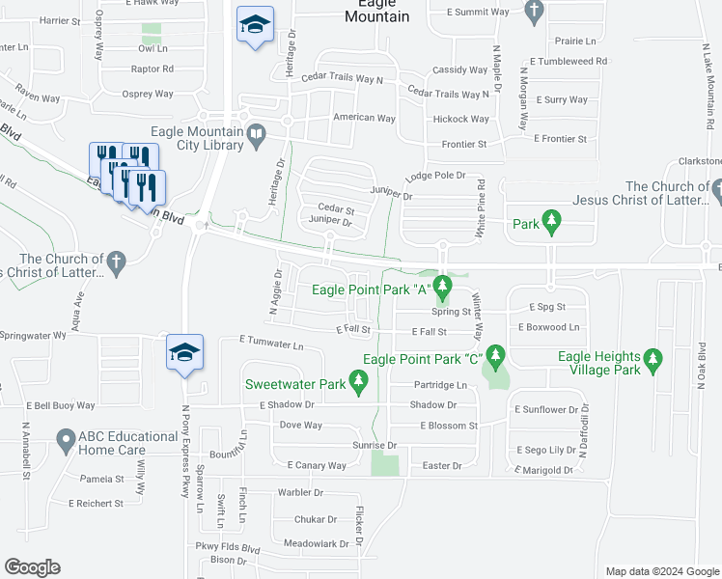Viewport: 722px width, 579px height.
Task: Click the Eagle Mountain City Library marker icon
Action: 256,140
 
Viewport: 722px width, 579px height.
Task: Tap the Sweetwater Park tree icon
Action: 359,385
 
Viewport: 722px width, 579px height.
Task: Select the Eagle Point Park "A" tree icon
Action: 442,288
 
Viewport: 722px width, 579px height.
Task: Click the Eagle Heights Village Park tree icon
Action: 653,363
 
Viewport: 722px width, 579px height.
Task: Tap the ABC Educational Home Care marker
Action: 64,442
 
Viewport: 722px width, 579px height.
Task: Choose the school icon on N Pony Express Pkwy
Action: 184,353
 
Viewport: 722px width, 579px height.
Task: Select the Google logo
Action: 32,567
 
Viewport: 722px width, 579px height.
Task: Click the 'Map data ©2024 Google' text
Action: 661,571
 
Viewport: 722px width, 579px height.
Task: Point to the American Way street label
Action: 364,118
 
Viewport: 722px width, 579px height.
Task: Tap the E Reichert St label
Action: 96,503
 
